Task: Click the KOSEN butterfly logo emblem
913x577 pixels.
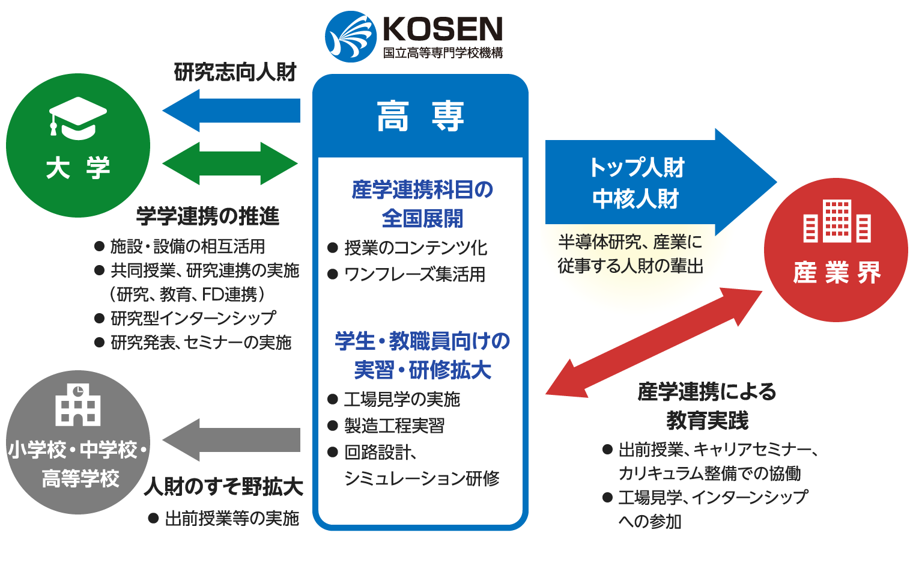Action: [350, 37]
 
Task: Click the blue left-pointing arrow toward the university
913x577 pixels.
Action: [231, 111]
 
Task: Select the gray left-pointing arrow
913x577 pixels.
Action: [231, 440]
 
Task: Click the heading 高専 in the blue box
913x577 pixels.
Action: [420, 117]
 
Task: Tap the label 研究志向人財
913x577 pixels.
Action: [235, 72]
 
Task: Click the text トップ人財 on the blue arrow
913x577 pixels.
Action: [636, 167]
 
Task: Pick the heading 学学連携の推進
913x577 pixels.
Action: [208, 216]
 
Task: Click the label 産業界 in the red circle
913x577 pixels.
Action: [837, 273]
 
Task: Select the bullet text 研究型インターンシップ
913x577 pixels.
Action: [193, 318]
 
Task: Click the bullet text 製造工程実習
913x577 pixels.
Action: [394, 426]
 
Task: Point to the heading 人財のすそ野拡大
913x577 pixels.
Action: [223, 486]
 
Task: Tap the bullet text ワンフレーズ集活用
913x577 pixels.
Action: [414, 274]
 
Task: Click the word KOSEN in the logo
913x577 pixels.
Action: [442, 29]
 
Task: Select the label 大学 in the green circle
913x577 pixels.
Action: [78, 168]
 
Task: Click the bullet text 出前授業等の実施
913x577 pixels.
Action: [232, 518]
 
